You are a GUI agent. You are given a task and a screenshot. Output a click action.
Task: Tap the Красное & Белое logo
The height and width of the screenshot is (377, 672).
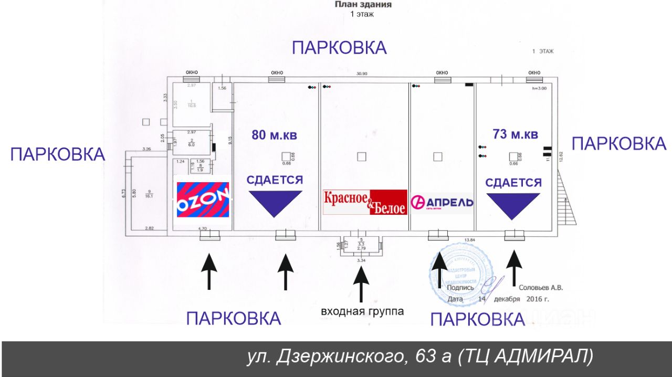(x=365, y=202)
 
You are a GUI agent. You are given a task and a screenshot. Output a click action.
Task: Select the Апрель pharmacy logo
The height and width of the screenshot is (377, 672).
(x=442, y=202)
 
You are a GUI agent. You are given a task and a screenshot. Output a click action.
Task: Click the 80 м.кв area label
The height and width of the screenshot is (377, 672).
(x=274, y=134)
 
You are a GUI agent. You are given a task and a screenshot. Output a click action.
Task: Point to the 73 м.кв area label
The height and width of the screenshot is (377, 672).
(x=516, y=134)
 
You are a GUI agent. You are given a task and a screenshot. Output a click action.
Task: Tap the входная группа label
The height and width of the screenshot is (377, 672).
(x=362, y=311)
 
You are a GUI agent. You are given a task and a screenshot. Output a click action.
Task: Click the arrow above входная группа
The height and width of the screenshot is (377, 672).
(x=361, y=284)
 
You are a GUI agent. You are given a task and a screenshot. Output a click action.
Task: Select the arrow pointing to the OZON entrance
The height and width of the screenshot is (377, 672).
(x=209, y=271)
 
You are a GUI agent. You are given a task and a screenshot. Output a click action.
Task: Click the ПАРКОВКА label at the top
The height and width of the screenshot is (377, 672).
(x=339, y=48)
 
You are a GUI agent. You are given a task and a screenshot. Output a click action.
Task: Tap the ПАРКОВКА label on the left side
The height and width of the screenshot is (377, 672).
(x=58, y=154)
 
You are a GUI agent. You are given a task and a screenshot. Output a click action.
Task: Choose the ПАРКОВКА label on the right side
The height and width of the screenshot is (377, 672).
(x=618, y=143)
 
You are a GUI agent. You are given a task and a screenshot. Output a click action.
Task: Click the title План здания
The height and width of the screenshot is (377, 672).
(x=363, y=5)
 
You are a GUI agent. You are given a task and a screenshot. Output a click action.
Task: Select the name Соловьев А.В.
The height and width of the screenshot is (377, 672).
(x=540, y=287)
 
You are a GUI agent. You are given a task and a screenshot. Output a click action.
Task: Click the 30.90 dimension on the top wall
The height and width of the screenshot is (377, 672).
(x=362, y=74)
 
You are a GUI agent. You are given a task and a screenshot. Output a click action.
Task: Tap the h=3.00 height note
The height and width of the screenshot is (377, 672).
(x=539, y=89)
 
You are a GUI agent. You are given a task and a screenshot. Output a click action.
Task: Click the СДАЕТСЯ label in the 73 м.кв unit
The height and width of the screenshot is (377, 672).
(x=513, y=183)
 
